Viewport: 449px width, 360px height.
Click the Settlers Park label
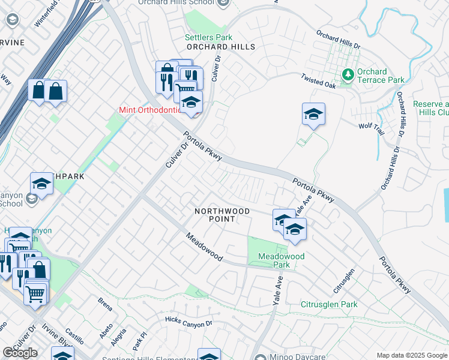208,37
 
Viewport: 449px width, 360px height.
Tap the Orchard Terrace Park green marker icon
348,75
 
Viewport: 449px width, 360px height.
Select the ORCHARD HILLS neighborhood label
220,47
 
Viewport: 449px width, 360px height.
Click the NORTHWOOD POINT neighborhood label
221,215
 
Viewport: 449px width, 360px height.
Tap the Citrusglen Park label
329,305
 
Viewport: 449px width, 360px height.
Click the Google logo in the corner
19,353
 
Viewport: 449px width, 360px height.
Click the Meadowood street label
204,247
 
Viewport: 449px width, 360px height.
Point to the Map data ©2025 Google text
412,355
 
